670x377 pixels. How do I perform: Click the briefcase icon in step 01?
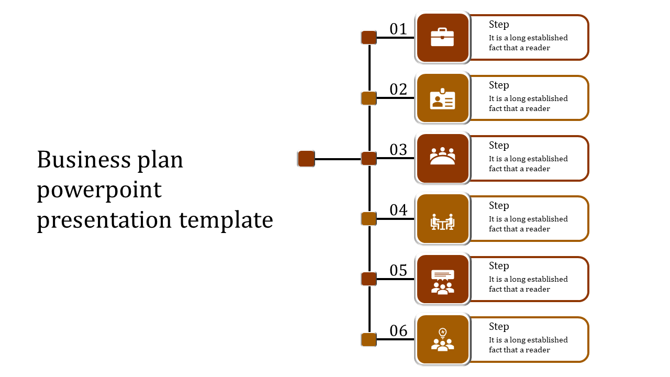[x=442, y=37]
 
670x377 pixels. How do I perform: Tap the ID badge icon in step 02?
[x=442, y=98]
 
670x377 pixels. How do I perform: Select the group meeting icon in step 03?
[x=442, y=156]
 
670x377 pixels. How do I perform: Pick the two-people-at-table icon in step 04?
[x=442, y=221]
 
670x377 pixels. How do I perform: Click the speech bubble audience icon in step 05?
[x=442, y=282]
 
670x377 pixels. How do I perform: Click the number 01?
[x=398, y=29]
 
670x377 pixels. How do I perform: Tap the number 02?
[x=398, y=89]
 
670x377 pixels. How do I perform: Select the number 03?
[x=398, y=150]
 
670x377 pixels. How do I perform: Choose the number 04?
[x=398, y=210]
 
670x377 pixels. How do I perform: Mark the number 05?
[x=398, y=270]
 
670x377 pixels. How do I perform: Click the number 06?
[x=398, y=330]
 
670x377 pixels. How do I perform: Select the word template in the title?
[x=226, y=220]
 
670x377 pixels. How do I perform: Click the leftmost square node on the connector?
[x=306, y=159]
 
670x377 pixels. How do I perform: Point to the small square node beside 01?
[x=369, y=38]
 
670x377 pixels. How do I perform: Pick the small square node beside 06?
[x=369, y=340]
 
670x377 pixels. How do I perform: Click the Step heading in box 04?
[x=499, y=206]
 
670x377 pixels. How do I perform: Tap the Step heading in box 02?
[x=499, y=85]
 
